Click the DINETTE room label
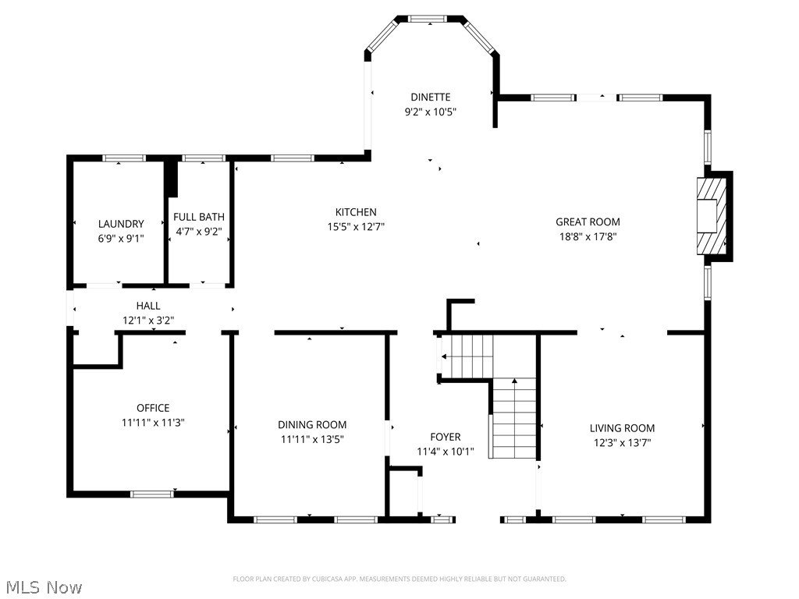click(430, 97)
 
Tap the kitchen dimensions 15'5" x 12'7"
click(356, 227)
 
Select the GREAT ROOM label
click(588, 222)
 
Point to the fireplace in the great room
click(713, 214)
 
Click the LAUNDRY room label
click(121, 224)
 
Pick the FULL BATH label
click(198, 217)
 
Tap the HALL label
click(148, 307)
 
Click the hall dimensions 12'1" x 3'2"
click(148, 320)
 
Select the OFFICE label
click(153, 408)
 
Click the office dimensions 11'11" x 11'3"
click(153, 422)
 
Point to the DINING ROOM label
click(312, 425)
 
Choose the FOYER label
click(446, 437)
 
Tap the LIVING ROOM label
click(622, 428)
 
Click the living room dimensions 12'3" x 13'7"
click(622, 442)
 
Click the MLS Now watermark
click(44, 587)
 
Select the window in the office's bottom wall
click(152, 494)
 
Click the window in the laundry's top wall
click(125, 158)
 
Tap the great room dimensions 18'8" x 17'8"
click(588, 236)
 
